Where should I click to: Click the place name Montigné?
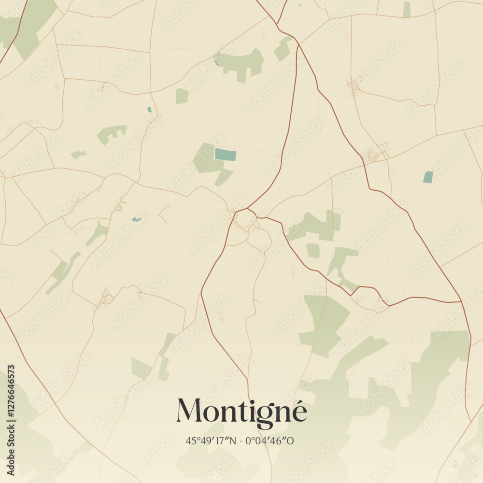(x=241, y=412)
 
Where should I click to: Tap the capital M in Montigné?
(x=189, y=411)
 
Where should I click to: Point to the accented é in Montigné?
(x=299, y=412)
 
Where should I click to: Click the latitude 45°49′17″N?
(x=211, y=440)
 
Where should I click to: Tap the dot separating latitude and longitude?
(x=241, y=441)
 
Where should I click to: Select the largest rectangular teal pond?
(x=226, y=155)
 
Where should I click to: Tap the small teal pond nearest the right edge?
(x=428, y=177)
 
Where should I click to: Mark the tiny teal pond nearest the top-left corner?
(x=150, y=110)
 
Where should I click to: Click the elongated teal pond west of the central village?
(x=137, y=219)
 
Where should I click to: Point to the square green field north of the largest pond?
(x=182, y=96)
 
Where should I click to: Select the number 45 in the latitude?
(x=190, y=440)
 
